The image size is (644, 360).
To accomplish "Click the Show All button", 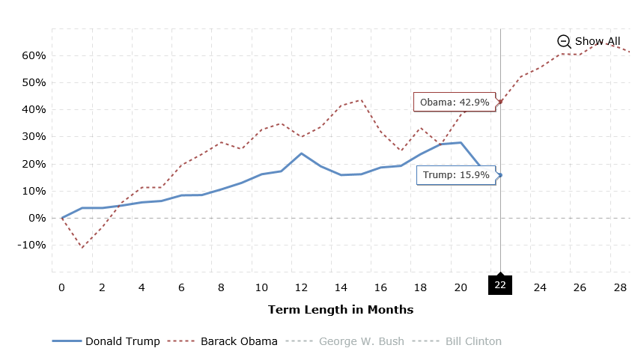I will (x=589, y=41).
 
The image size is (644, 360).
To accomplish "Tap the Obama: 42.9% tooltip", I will (x=454, y=102).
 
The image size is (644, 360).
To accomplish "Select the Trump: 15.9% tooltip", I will (x=455, y=175).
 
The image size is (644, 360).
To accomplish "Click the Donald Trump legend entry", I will (x=106, y=341).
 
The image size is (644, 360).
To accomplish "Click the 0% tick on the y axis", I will (x=37, y=218).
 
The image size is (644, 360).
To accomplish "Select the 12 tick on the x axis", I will (x=301, y=287).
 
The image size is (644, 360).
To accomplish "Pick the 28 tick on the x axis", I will (x=620, y=287).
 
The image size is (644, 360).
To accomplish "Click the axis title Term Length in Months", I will (x=341, y=310).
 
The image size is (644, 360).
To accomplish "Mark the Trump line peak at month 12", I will (x=301, y=153).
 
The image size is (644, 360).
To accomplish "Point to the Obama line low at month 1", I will (x=82, y=247).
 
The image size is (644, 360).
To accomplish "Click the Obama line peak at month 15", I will (x=361, y=100).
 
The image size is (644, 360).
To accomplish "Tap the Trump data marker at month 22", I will (x=500, y=175).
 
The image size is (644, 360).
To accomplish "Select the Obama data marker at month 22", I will (x=500, y=102).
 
